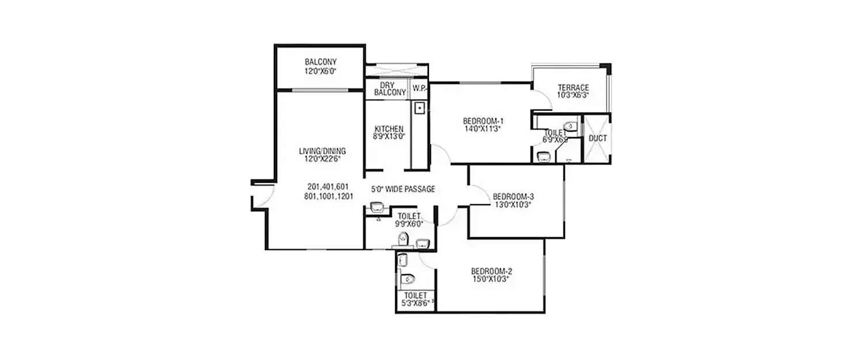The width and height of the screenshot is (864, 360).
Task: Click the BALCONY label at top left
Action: click(x=320, y=62)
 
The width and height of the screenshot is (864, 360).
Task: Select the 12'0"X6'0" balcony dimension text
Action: click(x=320, y=71)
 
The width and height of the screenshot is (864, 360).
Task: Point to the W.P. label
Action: click(x=418, y=89)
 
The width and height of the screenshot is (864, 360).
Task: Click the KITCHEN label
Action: click(x=389, y=128)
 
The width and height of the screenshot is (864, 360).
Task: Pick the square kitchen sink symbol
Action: click(x=420, y=107)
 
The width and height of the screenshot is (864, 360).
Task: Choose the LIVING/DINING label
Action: click(x=322, y=151)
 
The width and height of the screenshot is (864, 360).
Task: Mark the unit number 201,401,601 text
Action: click(x=328, y=187)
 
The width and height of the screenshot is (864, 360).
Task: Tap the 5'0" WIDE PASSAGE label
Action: click(x=403, y=189)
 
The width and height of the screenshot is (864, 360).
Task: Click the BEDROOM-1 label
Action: click(x=483, y=121)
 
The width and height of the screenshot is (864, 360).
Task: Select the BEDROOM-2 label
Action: click(x=491, y=271)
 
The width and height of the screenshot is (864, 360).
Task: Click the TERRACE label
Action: click(x=573, y=88)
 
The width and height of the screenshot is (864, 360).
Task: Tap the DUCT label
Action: click(x=597, y=138)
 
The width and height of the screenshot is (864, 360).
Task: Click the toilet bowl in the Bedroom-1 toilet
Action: click(x=570, y=126)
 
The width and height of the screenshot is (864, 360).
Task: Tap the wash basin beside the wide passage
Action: click(x=377, y=206)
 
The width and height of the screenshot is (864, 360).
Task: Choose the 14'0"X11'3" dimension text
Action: click(x=483, y=130)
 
